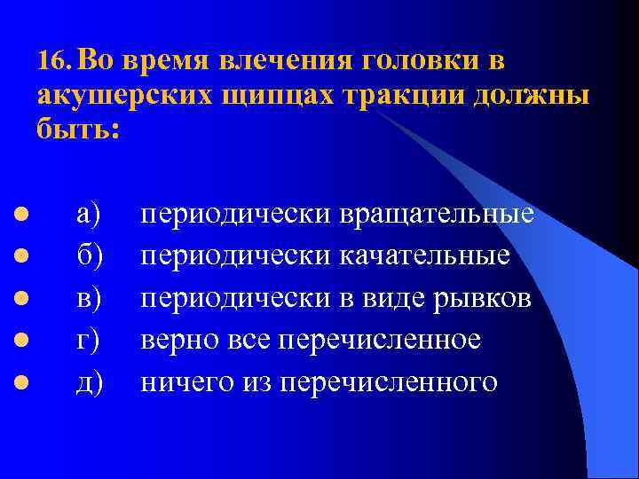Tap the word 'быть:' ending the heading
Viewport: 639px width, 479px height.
point(76,130)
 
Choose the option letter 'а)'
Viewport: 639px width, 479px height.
point(89,214)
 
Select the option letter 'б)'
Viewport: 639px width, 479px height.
point(90,255)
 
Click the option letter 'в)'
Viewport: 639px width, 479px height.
point(89,298)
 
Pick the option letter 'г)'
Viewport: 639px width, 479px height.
point(88,341)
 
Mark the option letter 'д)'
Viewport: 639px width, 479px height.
point(90,382)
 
